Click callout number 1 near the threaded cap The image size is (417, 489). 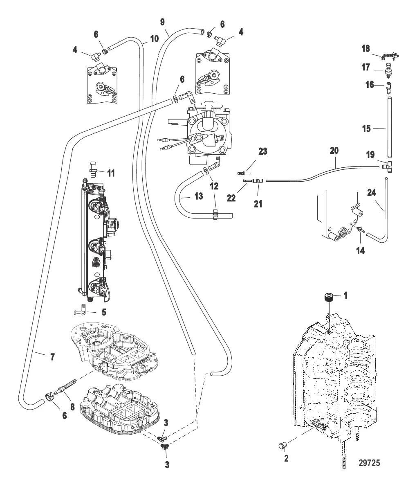(345, 295)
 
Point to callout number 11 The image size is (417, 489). (110, 173)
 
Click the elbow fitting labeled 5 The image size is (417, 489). (81, 311)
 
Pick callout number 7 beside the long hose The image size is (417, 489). (52, 357)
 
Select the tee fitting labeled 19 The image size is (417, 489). (386, 167)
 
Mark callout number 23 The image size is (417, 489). (262, 152)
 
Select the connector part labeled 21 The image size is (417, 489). (258, 180)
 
